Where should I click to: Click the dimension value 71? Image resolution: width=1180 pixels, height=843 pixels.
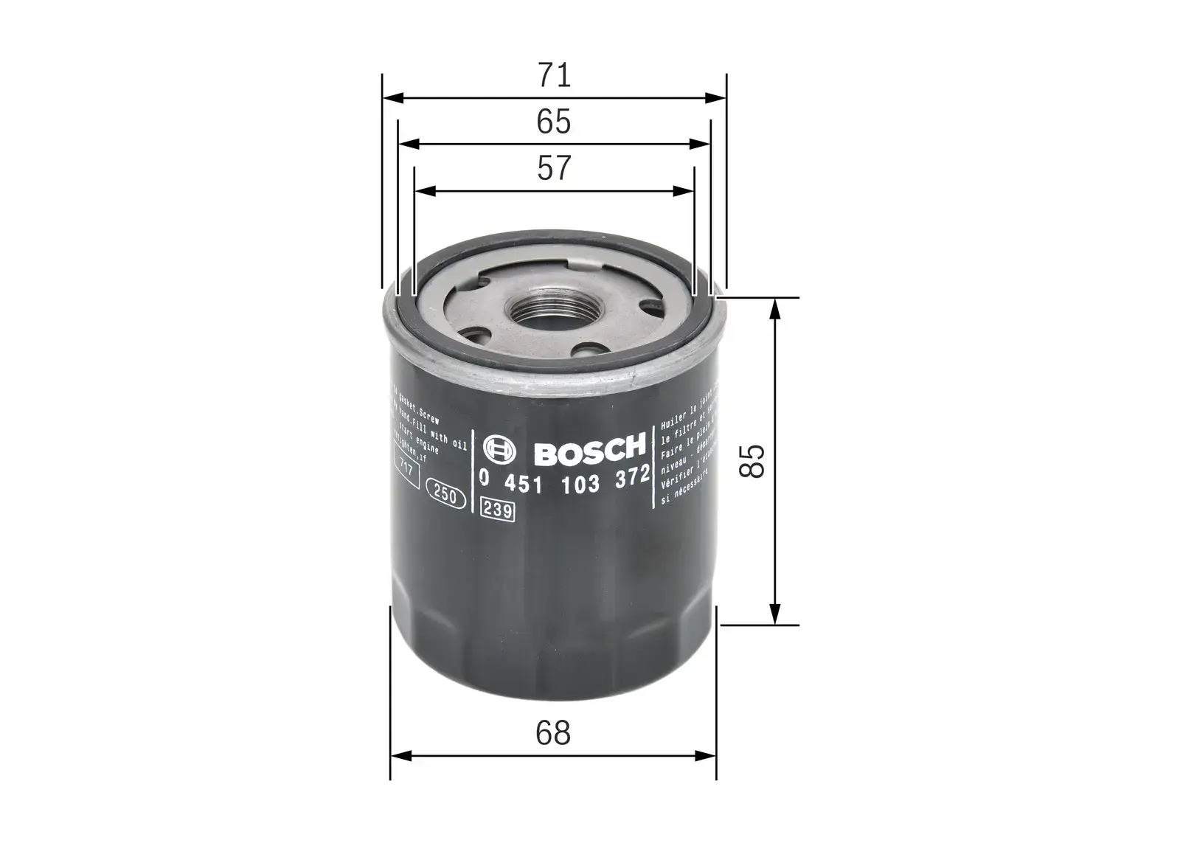[554, 74]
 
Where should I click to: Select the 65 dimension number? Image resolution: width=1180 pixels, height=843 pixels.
[554, 122]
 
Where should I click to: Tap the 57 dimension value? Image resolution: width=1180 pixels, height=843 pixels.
[554, 168]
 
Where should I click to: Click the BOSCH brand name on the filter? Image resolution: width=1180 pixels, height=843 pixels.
[589, 450]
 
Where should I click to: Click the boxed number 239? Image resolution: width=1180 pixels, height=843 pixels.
[497, 510]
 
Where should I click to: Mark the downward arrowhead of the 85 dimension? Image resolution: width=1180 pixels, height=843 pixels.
[774, 614]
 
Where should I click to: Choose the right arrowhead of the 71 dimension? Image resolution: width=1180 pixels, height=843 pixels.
[716, 97]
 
